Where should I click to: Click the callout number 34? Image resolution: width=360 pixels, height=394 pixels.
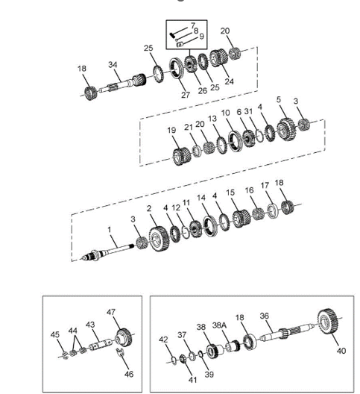[113, 65]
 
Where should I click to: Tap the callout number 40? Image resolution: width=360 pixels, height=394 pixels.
[341, 351]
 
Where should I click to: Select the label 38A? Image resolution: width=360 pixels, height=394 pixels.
[219, 325]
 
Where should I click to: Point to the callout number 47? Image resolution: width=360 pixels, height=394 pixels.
[111, 312]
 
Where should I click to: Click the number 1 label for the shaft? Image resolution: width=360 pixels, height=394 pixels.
[110, 230]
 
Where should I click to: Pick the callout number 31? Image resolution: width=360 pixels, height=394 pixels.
[248, 111]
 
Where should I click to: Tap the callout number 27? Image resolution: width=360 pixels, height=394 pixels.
[186, 95]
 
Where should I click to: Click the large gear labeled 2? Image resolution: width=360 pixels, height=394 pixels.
[159, 239]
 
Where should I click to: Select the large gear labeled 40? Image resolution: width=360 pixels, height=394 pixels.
[329, 322]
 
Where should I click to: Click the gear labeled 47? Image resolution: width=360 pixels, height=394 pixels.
[124, 338]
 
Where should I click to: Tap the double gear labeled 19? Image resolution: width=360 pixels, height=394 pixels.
[182, 156]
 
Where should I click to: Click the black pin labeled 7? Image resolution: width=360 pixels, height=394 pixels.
[172, 35]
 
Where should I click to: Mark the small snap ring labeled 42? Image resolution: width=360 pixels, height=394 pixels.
[174, 360]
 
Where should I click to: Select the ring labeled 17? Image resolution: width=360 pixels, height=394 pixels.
[272, 212]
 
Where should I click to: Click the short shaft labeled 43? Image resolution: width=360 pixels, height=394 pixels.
[101, 345]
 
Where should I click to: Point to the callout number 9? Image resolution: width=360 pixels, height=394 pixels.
[201, 36]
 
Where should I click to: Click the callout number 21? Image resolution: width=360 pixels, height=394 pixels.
[189, 127]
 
